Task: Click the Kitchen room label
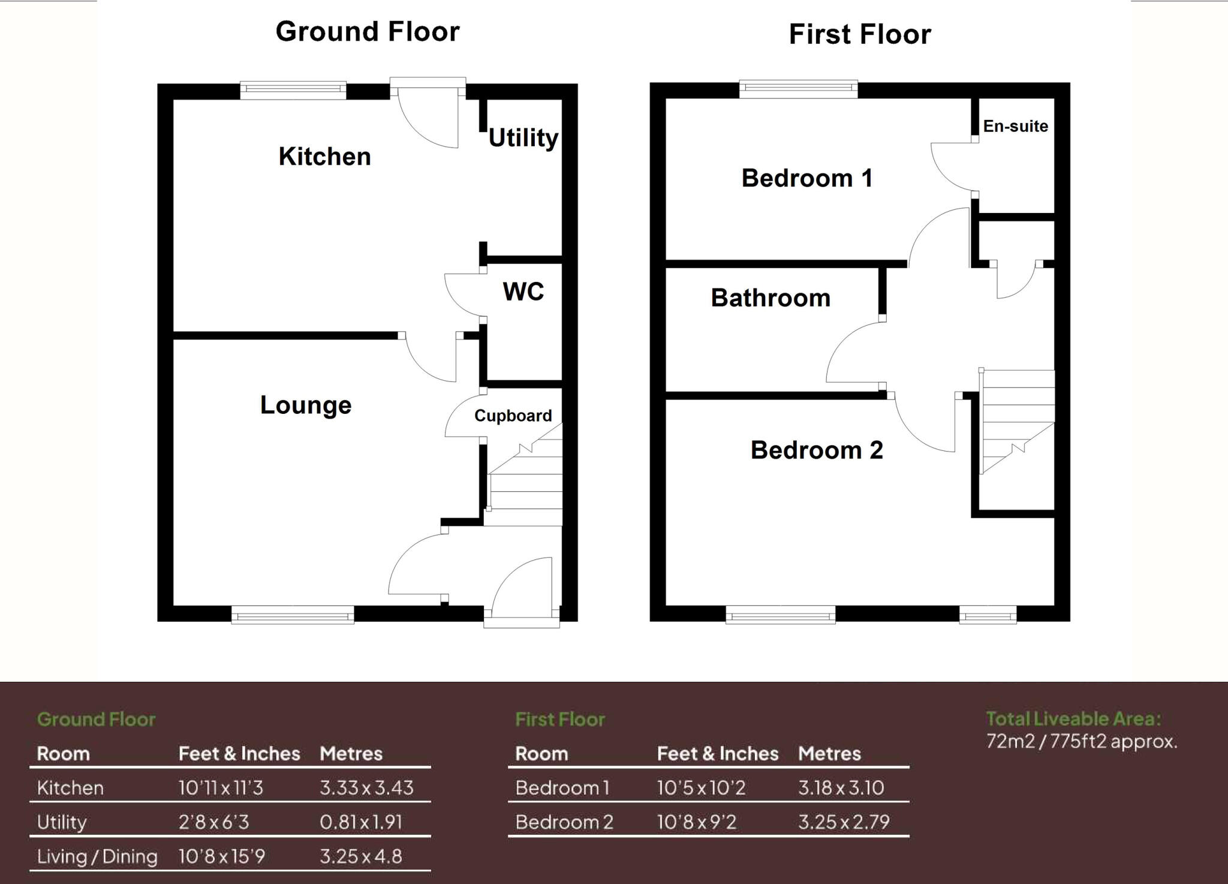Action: (324, 157)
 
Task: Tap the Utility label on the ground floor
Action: (523, 138)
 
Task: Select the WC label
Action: (523, 291)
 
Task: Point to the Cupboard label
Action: (513, 416)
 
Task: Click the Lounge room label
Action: (305, 405)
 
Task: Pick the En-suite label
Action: (1015, 126)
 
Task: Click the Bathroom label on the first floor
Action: (770, 298)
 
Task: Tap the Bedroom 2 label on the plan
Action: (817, 450)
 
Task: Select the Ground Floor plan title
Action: (367, 32)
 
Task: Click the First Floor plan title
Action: (859, 34)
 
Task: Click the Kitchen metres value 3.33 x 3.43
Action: (366, 787)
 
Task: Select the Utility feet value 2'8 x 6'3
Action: (213, 822)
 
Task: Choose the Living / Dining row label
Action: (97, 856)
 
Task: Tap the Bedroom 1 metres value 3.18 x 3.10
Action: (841, 787)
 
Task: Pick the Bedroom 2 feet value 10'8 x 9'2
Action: (696, 822)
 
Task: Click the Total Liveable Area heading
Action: (1073, 718)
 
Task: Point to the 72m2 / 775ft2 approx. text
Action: (1082, 742)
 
